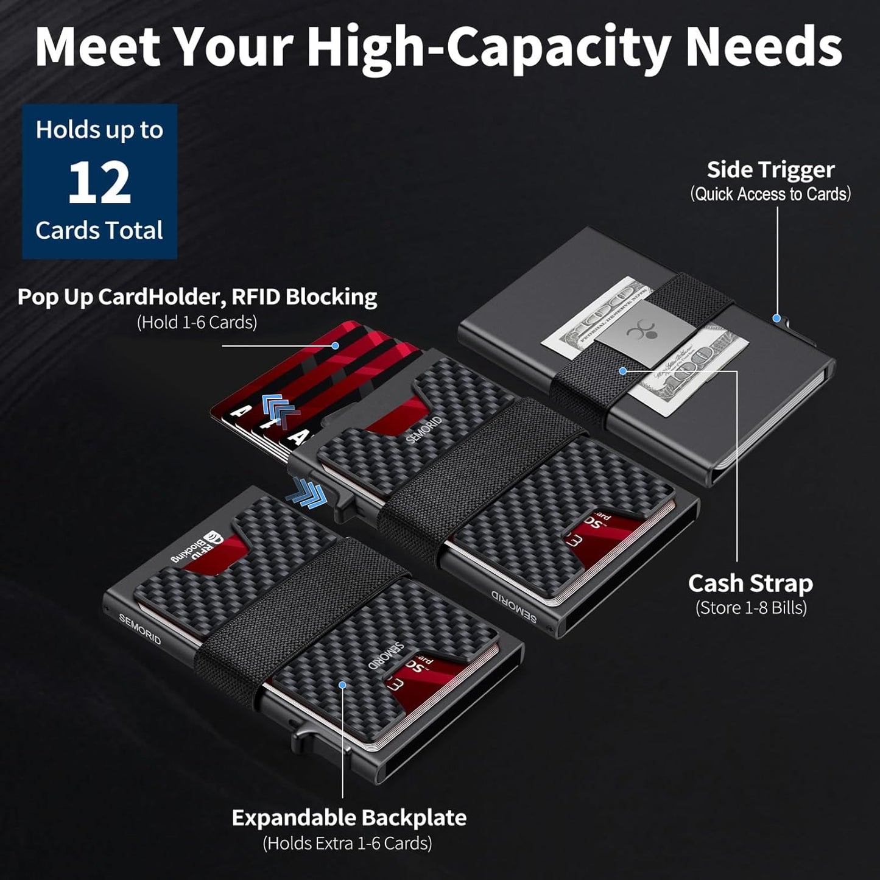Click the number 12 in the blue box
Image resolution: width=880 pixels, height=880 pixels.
99,183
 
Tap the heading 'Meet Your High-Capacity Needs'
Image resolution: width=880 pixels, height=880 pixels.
438,48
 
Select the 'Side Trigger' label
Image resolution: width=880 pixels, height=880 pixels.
770,170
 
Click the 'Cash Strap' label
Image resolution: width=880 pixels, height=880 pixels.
750,583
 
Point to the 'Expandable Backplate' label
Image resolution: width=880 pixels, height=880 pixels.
349,817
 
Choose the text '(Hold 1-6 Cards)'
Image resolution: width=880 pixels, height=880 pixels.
197,322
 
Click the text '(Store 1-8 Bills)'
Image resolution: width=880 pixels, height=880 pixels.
751,608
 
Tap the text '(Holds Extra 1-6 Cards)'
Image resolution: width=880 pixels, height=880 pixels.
347,843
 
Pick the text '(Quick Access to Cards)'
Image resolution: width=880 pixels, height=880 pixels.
770,194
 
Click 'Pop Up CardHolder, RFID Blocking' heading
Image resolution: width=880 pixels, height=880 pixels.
197,297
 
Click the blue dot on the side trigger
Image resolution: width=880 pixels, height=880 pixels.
776,318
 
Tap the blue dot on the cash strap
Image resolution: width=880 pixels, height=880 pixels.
622,370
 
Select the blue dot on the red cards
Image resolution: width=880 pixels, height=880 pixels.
335,345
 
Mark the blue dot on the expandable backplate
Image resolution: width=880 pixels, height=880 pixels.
342,685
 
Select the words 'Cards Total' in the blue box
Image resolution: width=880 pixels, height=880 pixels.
99,231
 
